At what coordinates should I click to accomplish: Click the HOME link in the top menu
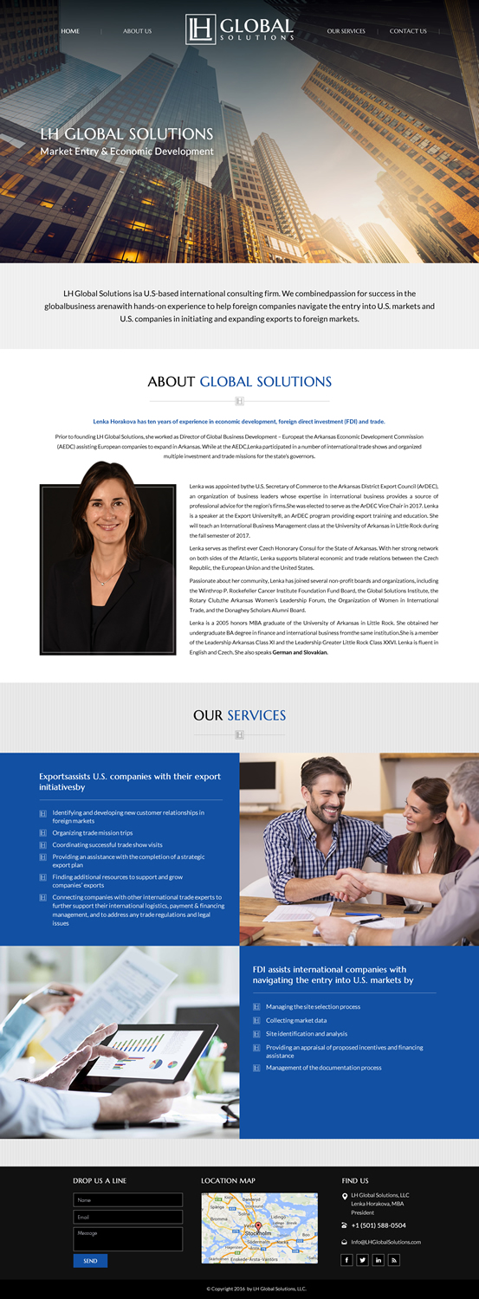70,31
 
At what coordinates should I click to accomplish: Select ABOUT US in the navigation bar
137,31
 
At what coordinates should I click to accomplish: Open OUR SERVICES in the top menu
346,31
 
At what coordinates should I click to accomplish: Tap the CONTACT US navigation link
408,31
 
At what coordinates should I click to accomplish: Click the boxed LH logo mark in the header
200,29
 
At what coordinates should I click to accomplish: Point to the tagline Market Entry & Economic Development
126,152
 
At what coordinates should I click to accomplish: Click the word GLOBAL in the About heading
231,381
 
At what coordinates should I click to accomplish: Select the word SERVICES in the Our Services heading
256,715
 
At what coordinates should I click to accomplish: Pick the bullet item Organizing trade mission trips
93,833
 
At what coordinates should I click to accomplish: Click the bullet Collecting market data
296,1020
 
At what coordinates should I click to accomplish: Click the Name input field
128,1200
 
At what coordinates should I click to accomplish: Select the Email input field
128,1217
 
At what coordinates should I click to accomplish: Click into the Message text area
128,1238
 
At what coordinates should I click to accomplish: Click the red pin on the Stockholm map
258,1228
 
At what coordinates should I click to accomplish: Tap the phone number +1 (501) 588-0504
379,1225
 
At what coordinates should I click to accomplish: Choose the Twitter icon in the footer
362,1260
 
